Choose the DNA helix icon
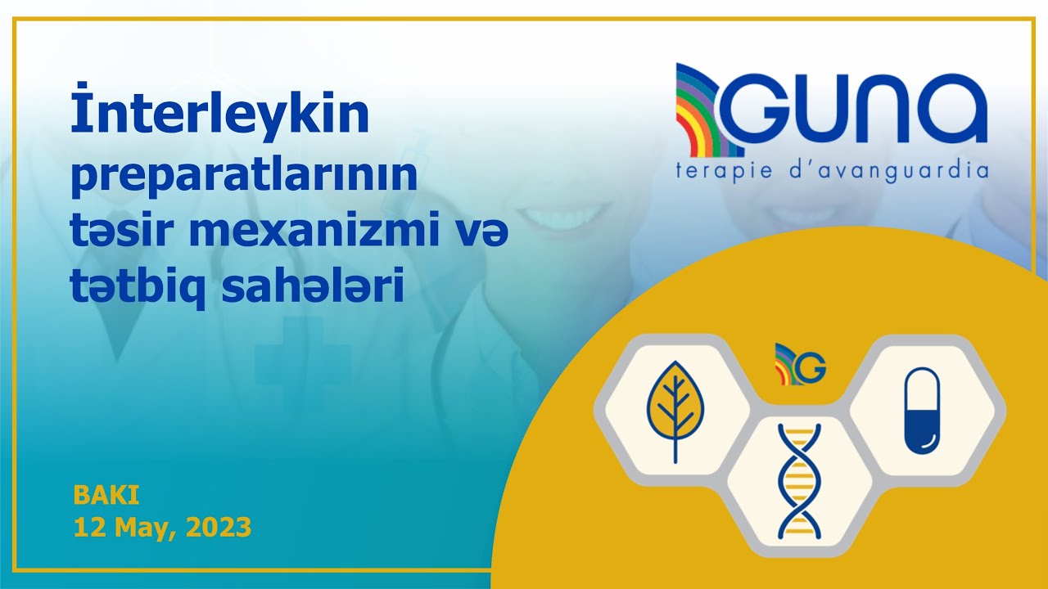click(x=798, y=481)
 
